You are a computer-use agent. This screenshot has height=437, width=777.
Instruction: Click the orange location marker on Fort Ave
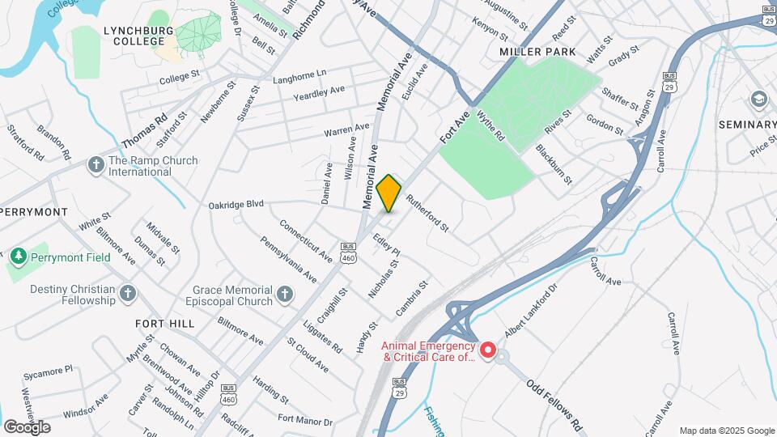(x=389, y=193)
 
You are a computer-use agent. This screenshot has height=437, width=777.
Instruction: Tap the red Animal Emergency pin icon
(x=488, y=350)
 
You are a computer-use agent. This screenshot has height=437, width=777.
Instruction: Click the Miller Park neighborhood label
(x=537, y=52)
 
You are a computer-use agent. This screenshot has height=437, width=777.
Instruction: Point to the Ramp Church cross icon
(x=96, y=166)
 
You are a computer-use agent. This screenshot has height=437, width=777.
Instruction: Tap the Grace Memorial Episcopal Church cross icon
(x=284, y=295)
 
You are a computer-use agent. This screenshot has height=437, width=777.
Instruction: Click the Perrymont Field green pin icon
(x=18, y=257)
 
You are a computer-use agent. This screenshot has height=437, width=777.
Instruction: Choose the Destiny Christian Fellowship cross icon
(x=128, y=292)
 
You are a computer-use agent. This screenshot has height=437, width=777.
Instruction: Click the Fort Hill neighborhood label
(x=165, y=324)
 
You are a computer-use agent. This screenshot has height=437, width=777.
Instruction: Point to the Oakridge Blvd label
(x=236, y=205)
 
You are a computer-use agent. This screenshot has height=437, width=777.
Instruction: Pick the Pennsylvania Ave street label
(x=288, y=258)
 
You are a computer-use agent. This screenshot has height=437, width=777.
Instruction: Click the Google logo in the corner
(x=27, y=426)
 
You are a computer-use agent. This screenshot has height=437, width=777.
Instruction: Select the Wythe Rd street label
(x=491, y=126)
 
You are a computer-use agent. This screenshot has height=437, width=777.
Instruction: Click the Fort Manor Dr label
(x=305, y=419)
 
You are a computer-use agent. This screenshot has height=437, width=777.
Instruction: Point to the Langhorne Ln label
(x=299, y=74)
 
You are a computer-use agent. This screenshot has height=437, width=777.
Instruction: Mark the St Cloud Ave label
(x=308, y=354)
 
